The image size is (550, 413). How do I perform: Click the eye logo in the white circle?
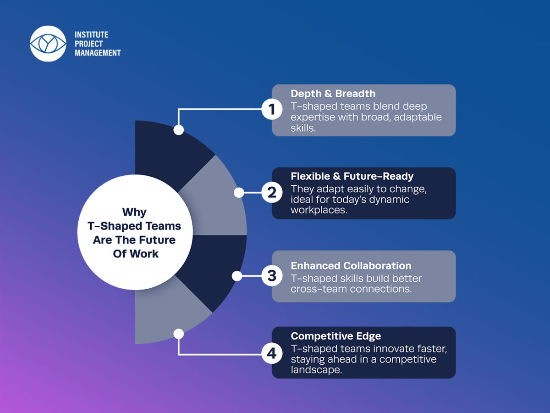pos(48,44)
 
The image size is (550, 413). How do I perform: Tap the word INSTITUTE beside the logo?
pos(91,35)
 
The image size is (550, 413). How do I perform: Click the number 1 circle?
pos(272,110)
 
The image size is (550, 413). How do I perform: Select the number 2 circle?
pos(272,193)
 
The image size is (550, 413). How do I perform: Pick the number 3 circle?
pos(272,276)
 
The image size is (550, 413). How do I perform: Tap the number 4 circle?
pos(272,354)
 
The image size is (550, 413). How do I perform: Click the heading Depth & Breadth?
pos(333,94)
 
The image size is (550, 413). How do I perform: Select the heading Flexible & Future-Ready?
pos(352,176)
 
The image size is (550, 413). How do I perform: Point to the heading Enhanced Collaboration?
pos(351,266)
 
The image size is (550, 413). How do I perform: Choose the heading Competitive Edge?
pos(335,336)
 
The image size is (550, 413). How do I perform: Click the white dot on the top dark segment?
pos(179,130)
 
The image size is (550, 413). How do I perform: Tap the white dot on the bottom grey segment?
pos(179,334)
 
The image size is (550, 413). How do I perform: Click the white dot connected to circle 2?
pos(239,193)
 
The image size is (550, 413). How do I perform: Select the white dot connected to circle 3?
pos(236,276)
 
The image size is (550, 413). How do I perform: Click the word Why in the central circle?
pos(134,212)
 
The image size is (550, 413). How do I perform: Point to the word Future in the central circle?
pos(158,240)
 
